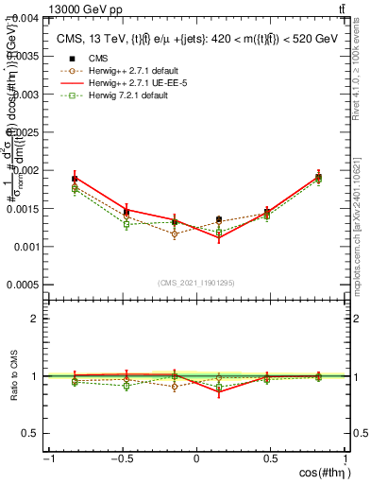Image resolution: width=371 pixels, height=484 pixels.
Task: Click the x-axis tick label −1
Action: coord(47,458)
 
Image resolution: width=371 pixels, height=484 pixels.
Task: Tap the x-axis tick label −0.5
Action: coord(121,458)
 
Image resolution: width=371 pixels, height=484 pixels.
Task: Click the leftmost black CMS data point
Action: coord(75,179)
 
